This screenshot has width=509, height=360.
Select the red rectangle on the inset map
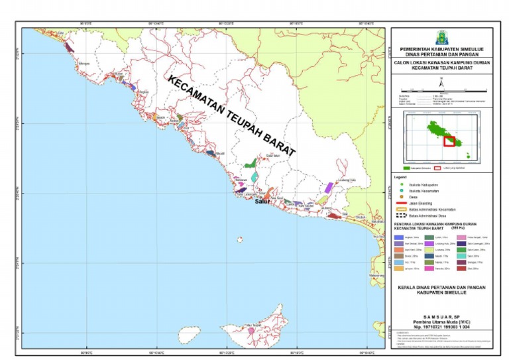pos(449,141)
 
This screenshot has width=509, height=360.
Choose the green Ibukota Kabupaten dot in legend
pos(400,184)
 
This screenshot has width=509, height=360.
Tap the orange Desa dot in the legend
pos(400,197)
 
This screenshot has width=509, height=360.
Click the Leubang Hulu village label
pos(347,180)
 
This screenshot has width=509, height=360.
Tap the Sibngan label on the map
pos(84,63)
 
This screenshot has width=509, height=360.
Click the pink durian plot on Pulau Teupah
pos(251,330)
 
